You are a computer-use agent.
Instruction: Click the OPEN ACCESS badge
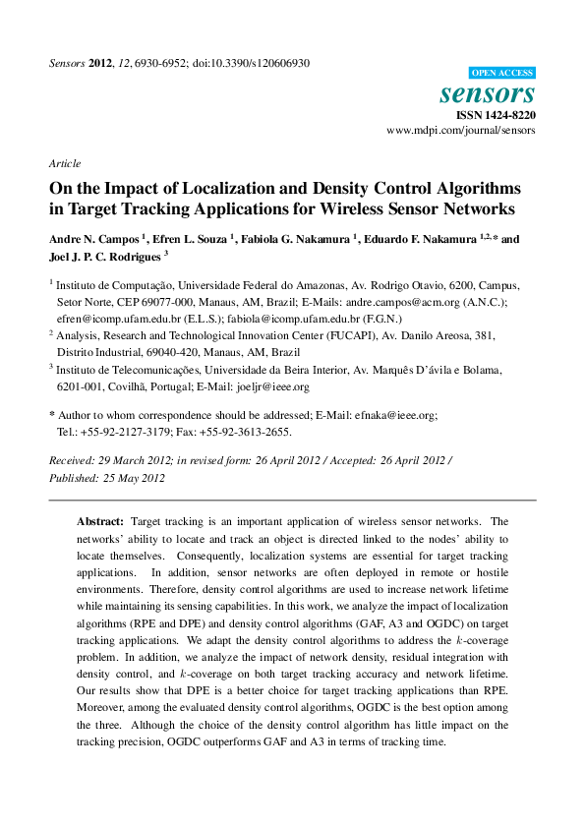pyautogui.click(x=501, y=73)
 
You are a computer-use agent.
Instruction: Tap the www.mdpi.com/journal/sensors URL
pyautogui.click(x=460, y=130)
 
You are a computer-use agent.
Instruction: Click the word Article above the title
pyautogui.click(x=65, y=163)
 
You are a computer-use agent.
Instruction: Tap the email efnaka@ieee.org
pyautogui.click(x=395, y=416)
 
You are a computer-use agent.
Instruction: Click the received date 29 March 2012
pyautogui.click(x=131, y=460)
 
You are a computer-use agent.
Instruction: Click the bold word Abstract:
pyautogui.click(x=100, y=520)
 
